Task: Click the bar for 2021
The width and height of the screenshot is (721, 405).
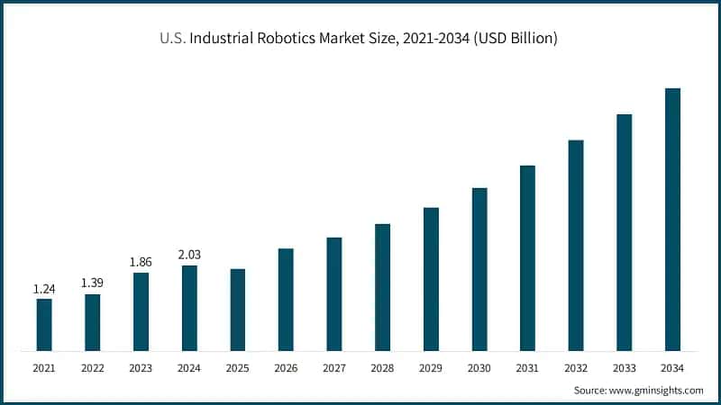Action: (44, 324)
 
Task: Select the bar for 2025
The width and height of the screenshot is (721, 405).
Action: (238, 310)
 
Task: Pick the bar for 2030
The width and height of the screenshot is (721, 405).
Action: (479, 269)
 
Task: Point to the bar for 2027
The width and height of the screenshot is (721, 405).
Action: (334, 293)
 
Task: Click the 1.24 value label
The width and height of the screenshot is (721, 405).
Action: (44, 288)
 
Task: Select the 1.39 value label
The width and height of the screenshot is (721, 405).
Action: (92, 283)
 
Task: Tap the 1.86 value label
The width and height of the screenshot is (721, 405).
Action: (141, 261)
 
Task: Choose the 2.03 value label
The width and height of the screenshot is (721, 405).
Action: (189, 255)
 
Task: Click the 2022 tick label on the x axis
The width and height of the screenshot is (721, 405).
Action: (92, 368)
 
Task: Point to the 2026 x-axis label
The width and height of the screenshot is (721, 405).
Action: (286, 368)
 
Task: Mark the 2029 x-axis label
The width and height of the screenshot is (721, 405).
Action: (431, 368)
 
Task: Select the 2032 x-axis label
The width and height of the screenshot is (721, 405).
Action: (576, 368)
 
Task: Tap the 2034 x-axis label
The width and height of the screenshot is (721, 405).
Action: (672, 368)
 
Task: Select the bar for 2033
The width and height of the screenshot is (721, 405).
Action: (624, 232)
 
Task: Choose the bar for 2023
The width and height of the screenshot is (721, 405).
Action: (141, 311)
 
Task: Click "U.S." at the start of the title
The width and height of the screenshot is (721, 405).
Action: (173, 39)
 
